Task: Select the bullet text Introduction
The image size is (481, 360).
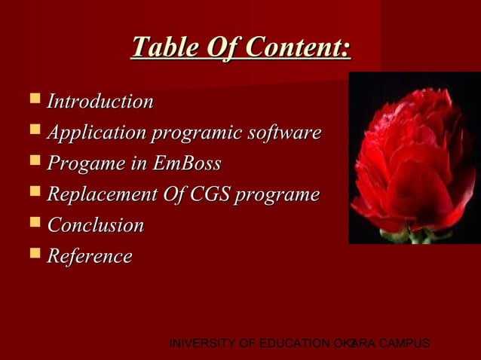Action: pos(100,102)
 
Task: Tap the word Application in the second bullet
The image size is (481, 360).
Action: pos(97,133)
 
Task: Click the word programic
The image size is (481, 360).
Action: pos(198,133)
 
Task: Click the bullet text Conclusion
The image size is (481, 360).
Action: pos(96,225)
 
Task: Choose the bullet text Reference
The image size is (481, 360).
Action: pos(90,256)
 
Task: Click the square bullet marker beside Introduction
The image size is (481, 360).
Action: pos(34,99)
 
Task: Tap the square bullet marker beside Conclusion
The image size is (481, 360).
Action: pos(34,222)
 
